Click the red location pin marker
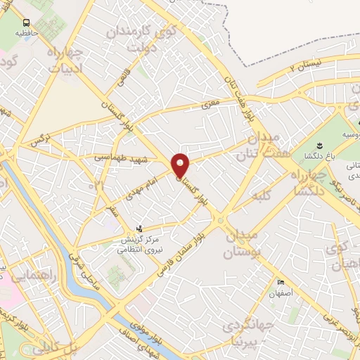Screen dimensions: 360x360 (181, 165)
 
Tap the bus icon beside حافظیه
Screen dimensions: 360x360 (26, 22)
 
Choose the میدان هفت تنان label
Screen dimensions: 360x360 (256, 144)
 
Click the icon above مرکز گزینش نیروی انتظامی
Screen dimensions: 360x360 (140, 229)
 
